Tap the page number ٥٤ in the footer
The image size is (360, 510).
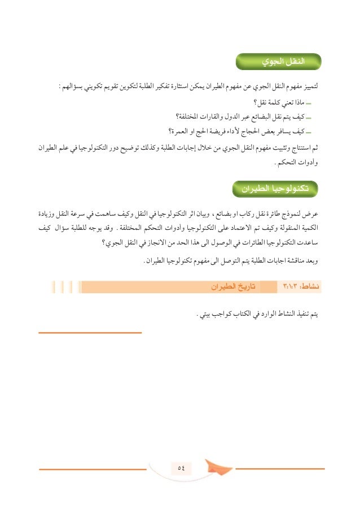pos(181,467)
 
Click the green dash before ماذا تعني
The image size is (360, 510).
pos(314,104)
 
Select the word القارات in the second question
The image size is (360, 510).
pos(207,117)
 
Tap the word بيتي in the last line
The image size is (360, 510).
pos(204,313)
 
